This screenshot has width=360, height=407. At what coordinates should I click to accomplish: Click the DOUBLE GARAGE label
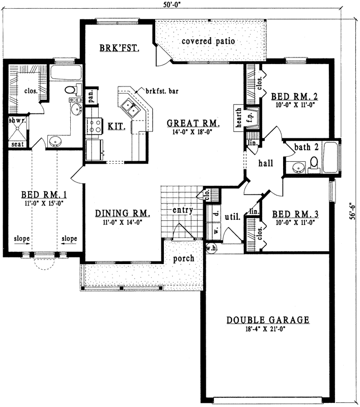tap(268, 320)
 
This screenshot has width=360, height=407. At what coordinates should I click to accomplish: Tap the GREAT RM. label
tap(193, 124)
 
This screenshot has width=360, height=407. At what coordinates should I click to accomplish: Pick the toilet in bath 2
tap(314, 163)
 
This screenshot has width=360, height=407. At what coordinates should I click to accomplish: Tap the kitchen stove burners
tap(94, 126)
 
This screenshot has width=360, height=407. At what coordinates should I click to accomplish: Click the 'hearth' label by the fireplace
tap(238, 117)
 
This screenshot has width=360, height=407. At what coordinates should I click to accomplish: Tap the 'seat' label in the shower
tap(16, 144)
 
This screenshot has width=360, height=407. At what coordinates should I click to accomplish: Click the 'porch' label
tap(184, 258)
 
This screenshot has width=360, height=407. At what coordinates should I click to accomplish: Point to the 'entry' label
tap(182, 210)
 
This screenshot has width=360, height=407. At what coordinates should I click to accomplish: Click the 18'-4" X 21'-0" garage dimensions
tap(268, 329)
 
